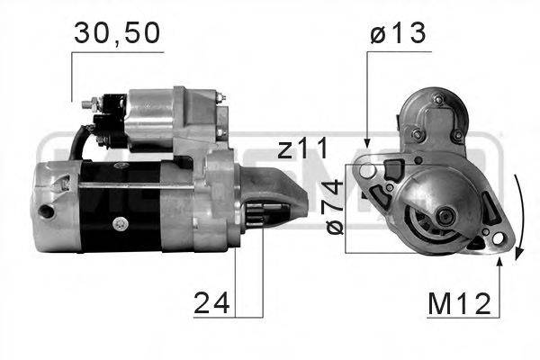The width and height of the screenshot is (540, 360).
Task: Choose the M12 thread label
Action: click(461, 303)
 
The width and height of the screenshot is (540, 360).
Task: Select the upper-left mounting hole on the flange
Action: click(364, 168)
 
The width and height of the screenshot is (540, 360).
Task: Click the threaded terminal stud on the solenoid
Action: click(87, 106)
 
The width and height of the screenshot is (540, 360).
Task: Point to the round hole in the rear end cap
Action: click(45, 212)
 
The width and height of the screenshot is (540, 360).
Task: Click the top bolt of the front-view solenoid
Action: click(437, 99)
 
